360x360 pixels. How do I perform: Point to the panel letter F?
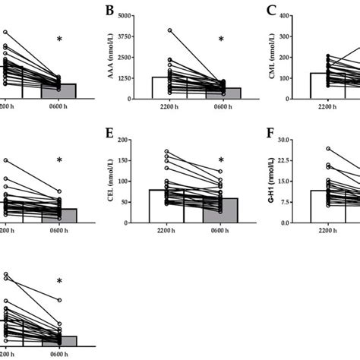click(x=270, y=136)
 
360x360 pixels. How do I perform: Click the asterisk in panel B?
click(x=221, y=39)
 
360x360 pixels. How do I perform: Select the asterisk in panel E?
click(x=221, y=160)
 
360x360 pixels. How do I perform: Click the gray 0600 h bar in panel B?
click(x=221, y=93)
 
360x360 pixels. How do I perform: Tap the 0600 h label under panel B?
click(x=221, y=107)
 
